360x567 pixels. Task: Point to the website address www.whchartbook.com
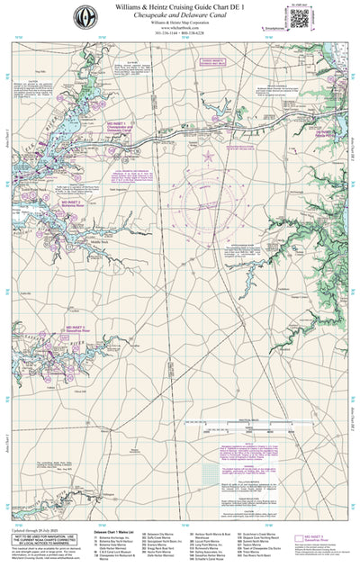tap(180, 28)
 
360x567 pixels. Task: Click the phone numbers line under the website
tap(180, 34)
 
